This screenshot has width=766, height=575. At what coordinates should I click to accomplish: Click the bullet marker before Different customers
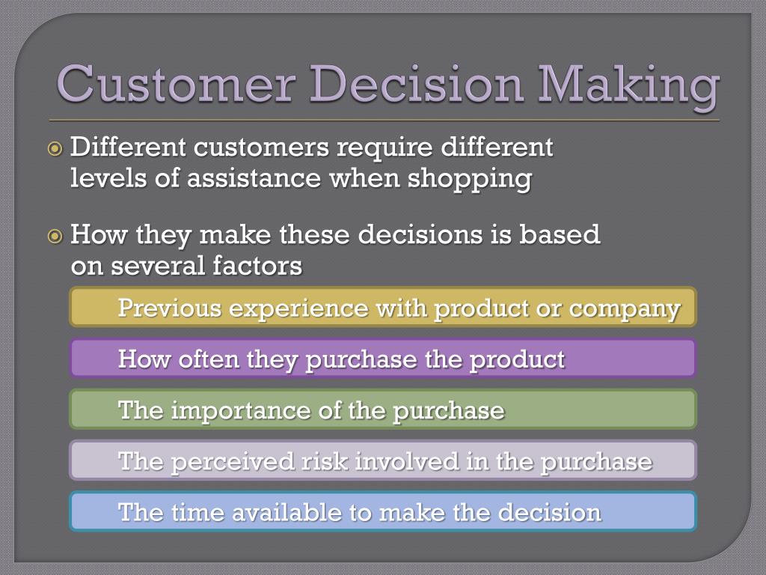[x=55, y=148]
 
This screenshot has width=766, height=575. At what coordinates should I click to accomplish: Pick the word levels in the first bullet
[x=106, y=179]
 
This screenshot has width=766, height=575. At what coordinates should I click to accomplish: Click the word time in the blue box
[x=197, y=512]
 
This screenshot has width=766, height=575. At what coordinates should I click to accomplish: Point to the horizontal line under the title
[x=383, y=120]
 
